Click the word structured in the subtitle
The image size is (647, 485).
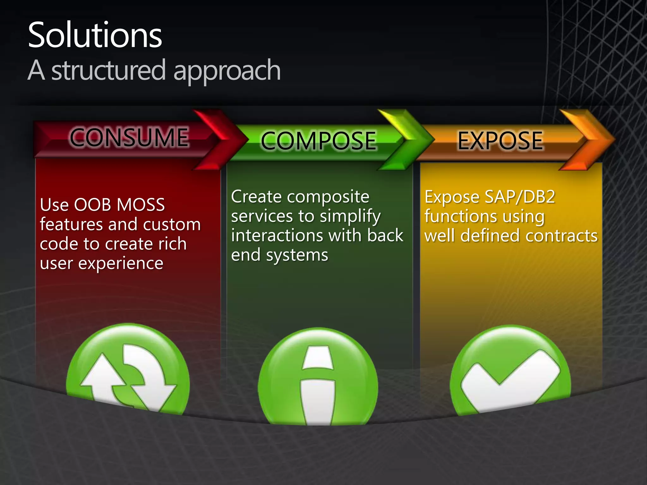point(108,70)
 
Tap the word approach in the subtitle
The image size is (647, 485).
point(227,71)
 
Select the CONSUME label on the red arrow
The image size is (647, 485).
point(129,137)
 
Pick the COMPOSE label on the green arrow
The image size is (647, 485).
point(318,141)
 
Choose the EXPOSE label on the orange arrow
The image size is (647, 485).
point(500,141)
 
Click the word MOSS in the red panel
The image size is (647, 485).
point(141,205)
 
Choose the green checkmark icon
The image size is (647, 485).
point(510,373)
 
